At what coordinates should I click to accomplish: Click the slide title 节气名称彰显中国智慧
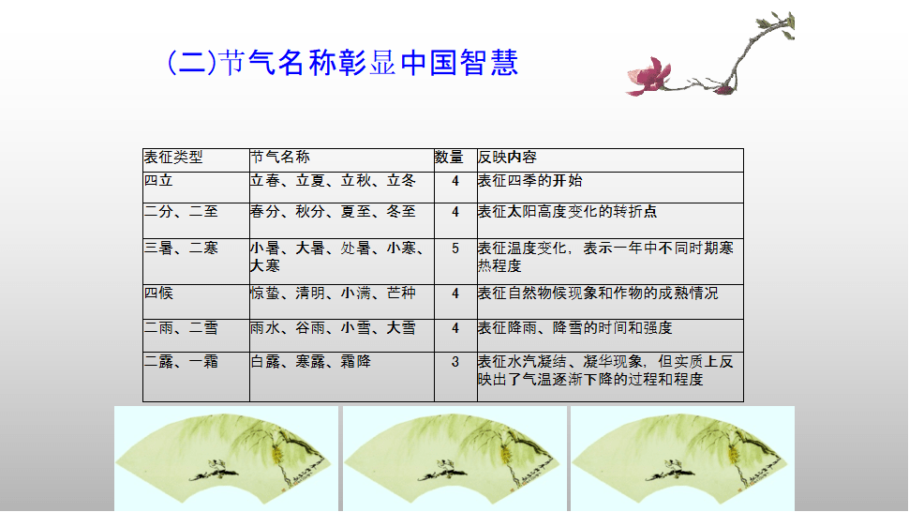pyautogui.click(x=343, y=63)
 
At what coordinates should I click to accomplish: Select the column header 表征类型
pyautogui.click(x=173, y=158)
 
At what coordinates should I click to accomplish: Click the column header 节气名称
pyautogui.click(x=280, y=158)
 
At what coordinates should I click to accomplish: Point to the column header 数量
pyautogui.click(x=449, y=158)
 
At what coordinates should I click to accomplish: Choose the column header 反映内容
pyautogui.click(x=507, y=158)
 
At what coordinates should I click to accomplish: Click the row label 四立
pyautogui.click(x=159, y=180)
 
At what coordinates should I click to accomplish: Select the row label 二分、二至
pyautogui.click(x=181, y=212)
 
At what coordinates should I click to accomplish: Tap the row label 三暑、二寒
pyautogui.click(x=181, y=248)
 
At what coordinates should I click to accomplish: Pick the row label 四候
pyautogui.click(x=159, y=293)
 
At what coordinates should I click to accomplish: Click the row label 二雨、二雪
pyautogui.click(x=181, y=328)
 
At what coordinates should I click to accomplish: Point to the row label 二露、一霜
pyautogui.click(x=181, y=362)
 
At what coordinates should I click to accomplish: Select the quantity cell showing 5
pyautogui.click(x=455, y=248)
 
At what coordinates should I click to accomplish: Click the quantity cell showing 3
pyautogui.click(x=455, y=362)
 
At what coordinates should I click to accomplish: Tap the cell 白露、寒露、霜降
pyautogui.click(x=311, y=362)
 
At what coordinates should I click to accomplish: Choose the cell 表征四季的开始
pyautogui.click(x=529, y=180)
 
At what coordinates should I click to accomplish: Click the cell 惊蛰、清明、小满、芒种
pyautogui.click(x=334, y=293)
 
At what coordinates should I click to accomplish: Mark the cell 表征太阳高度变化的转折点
pyautogui.click(x=567, y=212)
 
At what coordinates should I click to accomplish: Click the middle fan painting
pyautogui.click(x=454, y=458)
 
